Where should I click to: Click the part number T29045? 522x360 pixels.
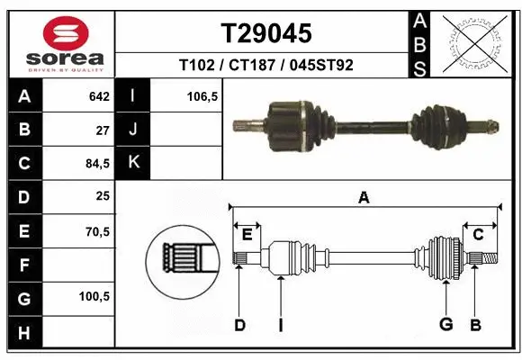click(266, 33)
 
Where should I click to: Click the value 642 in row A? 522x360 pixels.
click(98, 96)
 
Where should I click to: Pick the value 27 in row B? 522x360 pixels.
click(102, 130)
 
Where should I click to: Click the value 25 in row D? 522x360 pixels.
click(102, 197)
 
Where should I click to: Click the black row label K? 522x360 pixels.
click(132, 164)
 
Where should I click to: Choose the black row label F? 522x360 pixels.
click(24, 265)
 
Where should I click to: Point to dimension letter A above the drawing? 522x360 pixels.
click(364, 197)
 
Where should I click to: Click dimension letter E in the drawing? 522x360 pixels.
click(247, 234)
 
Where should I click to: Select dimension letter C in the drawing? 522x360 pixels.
click(479, 234)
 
